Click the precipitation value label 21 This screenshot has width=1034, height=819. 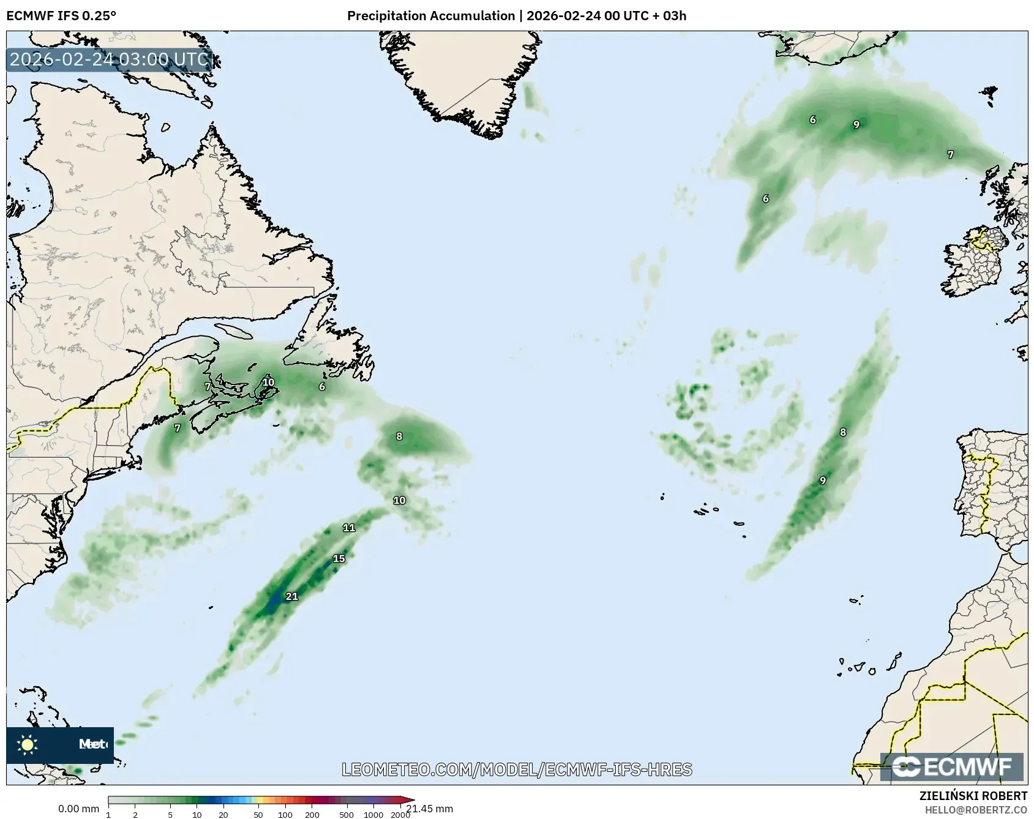pyautogui.click(x=292, y=596)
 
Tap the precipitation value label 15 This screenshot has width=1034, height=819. pyautogui.click(x=339, y=558)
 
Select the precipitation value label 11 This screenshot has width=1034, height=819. pyautogui.click(x=349, y=528)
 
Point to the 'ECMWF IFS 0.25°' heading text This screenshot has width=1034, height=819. pyautogui.click(x=61, y=16)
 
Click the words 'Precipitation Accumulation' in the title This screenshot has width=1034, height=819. pyautogui.click(x=431, y=16)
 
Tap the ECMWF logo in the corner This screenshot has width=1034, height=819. pyautogui.click(x=951, y=767)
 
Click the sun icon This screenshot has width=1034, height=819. pyautogui.click(x=28, y=744)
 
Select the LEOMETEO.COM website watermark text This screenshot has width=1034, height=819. pyautogui.click(x=517, y=769)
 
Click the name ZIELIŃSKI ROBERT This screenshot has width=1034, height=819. pyautogui.click(x=973, y=796)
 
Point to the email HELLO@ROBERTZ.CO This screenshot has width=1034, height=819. pyautogui.click(x=976, y=810)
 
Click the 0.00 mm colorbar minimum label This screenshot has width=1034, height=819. pyautogui.click(x=78, y=809)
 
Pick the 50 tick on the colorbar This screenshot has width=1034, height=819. pyautogui.click(x=258, y=815)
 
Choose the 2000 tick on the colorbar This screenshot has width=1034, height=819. pyautogui.click(x=400, y=815)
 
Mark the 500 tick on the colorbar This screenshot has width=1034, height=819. pyautogui.click(x=347, y=815)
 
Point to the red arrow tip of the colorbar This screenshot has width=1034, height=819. pyautogui.click(x=411, y=800)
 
